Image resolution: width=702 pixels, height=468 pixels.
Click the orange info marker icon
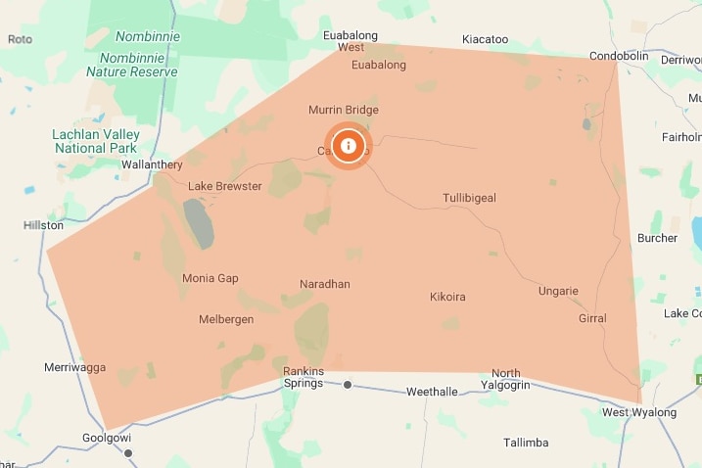(348, 147)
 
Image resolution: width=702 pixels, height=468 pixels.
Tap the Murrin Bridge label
(343, 110)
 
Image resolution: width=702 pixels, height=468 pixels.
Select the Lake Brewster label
(225, 186)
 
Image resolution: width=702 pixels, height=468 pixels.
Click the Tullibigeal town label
(469, 198)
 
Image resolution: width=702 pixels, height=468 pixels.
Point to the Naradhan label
(325, 284)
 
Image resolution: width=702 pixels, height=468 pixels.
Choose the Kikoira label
(447, 296)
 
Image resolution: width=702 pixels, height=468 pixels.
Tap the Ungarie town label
(559, 291)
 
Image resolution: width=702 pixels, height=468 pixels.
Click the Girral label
(592, 318)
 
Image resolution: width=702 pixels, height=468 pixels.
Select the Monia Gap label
(211, 278)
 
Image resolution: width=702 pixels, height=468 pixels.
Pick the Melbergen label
(226, 319)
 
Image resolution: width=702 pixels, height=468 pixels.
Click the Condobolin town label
(619, 56)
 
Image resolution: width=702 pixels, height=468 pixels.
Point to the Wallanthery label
(153, 164)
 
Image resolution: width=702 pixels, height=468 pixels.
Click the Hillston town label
(43, 225)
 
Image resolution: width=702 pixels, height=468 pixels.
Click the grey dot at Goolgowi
(127, 453)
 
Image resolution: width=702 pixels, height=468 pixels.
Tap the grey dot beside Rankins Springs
(348, 385)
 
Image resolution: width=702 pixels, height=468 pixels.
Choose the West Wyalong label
(639, 412)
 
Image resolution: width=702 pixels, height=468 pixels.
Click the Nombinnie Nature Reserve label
(132, 54)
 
